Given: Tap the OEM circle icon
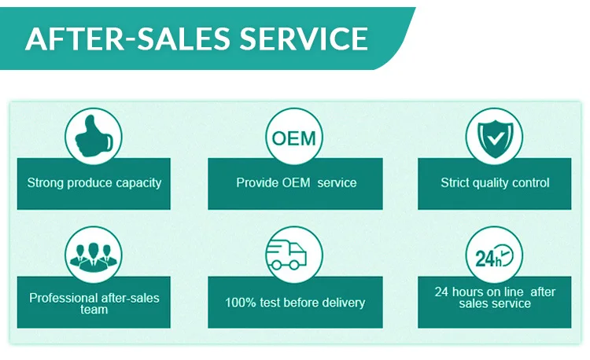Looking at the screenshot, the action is pyautogui.click(x=293, y=138).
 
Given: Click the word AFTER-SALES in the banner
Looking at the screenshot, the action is pyautogui.click(x=124, y=38).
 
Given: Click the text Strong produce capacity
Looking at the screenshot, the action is pyautogui.click(x=94, y=183).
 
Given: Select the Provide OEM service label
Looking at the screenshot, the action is pyautogui.click(x=296, y=183).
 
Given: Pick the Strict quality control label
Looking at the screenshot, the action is pyautogui.click(x=495, y=183).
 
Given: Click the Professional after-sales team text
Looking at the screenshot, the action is pyautogui.click(x=94, y=303).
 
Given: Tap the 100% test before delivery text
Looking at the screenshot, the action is pyautogui.click(x=295, y=303).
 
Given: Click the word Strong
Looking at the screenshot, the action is pyautogui.click(x=46, y=183).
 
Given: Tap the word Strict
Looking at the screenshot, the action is pyautogui.click(x=454, y=183).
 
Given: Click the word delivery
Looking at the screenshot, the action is pyautogui.click(x=342, y=303).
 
